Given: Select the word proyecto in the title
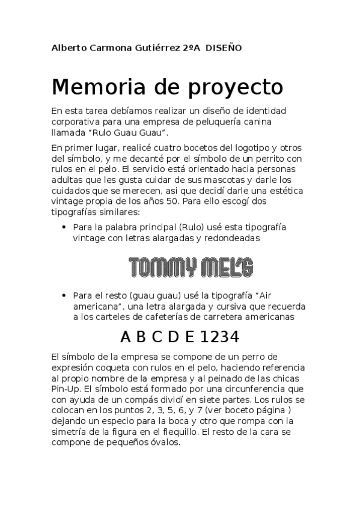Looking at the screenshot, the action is pyautogui.click(x=240, y=88).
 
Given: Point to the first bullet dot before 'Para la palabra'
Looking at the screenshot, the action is pyautogui.click(x=64, y=227).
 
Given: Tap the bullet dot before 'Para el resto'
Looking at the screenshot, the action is pyautogui.click(x=64, y=296).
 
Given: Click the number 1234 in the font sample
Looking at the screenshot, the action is pyautogui.click(x=220, y=336).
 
